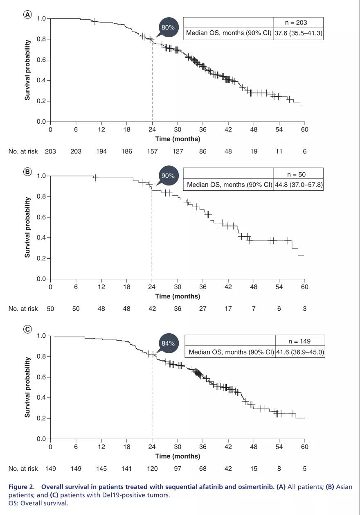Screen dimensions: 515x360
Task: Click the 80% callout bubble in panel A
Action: point(168,27)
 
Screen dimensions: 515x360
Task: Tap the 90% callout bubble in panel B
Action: point(168,176)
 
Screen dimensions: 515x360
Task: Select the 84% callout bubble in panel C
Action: point(168,343)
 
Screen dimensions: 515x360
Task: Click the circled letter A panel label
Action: point(27,15)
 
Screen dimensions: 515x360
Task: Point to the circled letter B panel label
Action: point(27,172)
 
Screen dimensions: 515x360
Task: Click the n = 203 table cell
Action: point(299,23)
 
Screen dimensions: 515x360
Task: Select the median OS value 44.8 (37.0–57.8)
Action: point(299,185)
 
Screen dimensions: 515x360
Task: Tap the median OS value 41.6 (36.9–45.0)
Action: point(300,352)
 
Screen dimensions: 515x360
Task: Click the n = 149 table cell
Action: point(300,341)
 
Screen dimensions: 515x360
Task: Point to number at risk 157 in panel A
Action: point(152,151)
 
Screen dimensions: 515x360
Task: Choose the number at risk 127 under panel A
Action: point(178,151)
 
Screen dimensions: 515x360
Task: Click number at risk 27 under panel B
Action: point(203,309)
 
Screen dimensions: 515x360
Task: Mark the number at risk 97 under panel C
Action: point(178,468)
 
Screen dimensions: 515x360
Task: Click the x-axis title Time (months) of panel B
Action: point(178,296)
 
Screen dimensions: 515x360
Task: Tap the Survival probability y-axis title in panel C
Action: point(28,387)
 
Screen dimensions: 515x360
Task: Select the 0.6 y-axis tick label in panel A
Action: point(41,60)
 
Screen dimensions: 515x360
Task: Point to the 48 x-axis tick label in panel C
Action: point(254,447)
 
